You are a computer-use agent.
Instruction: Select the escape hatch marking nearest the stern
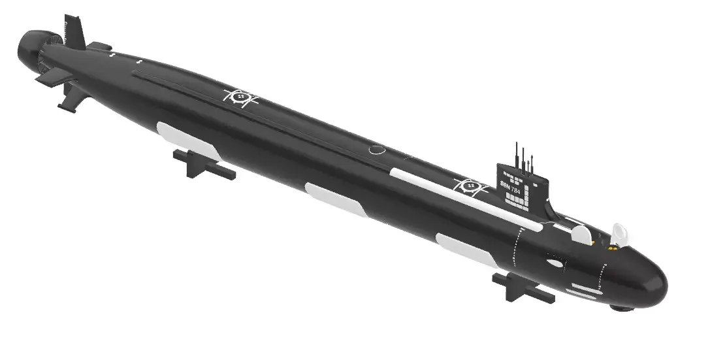click(x=240, y=97)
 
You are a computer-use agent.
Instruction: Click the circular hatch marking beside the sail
click(x=470, y=186)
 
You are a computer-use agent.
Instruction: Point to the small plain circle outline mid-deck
click(x=377, y=150)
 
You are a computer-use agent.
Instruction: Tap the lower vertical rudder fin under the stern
click(x=72, y=98)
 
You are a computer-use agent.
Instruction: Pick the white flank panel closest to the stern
click(x=187, y=140)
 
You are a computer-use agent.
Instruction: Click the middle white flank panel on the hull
click(x=335, y=200)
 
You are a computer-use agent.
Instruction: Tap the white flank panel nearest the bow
click(x=465, y=250)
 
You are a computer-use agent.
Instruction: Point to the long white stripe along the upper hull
click(x=464, y=200)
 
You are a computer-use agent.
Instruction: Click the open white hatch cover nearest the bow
click(x=619, y=233)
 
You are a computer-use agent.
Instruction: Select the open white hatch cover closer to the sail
click(x=581, y=234)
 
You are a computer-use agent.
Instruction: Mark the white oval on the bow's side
click(x=555, y=263)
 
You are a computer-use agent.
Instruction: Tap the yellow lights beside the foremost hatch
click(x=613, y=248)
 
